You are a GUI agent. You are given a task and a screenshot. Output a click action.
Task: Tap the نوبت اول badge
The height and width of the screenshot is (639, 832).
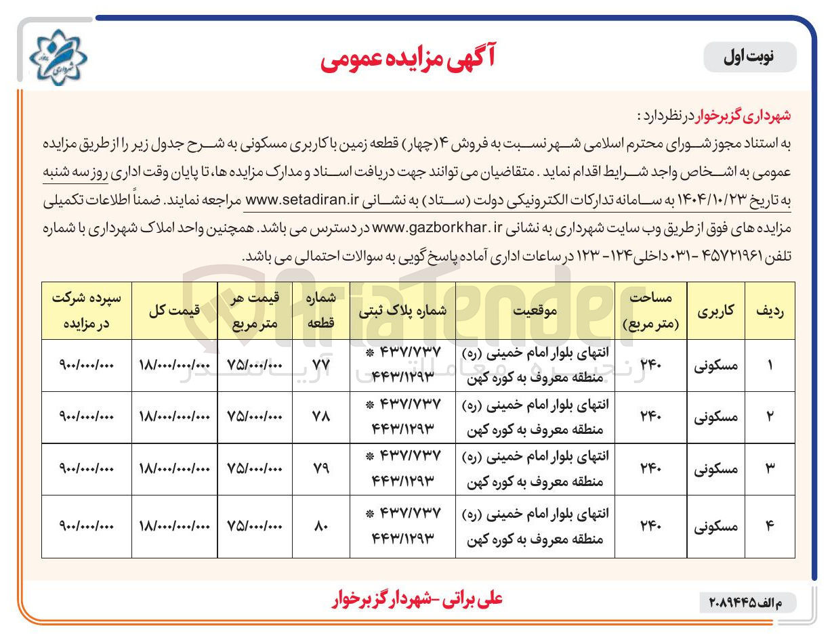(x=750, y=58)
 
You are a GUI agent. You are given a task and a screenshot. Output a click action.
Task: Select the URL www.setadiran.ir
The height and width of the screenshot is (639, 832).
(x=300, y=201)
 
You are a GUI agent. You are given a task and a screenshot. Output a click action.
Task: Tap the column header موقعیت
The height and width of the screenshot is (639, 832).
(x=535, y=311)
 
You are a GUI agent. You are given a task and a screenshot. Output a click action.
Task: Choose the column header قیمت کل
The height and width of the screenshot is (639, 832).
(x=174, y=311)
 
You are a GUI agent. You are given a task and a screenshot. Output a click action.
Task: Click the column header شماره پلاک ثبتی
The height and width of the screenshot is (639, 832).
(x=402, y=311)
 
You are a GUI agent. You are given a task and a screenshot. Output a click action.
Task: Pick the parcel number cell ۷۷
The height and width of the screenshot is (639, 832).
(x=320, y=366)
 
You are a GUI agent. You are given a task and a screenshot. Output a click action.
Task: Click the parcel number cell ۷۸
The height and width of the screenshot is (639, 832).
(x=320, y=417)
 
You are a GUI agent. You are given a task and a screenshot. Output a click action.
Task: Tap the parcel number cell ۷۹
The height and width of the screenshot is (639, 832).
(x=320, y=469)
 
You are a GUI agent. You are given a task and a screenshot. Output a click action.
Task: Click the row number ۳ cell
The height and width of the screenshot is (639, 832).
(x=770, y=469)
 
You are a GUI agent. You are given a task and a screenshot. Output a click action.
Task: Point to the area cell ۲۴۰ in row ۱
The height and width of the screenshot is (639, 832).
(x=650, y=366)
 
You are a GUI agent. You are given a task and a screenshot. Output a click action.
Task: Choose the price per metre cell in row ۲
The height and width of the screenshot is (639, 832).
(x=254, y=417)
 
